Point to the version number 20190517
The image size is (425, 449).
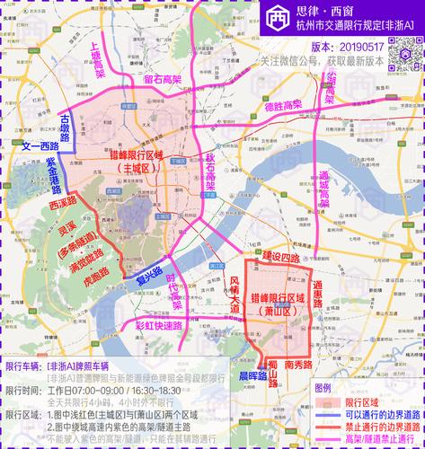point(360,45)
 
